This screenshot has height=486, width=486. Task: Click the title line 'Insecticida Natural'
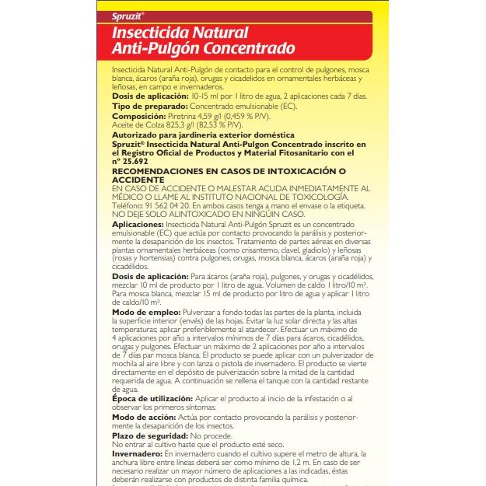(x=180, y=33)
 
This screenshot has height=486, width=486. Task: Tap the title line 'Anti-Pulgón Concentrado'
(x=203, y=49)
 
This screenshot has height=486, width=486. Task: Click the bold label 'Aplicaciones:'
(x=138, y=224)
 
